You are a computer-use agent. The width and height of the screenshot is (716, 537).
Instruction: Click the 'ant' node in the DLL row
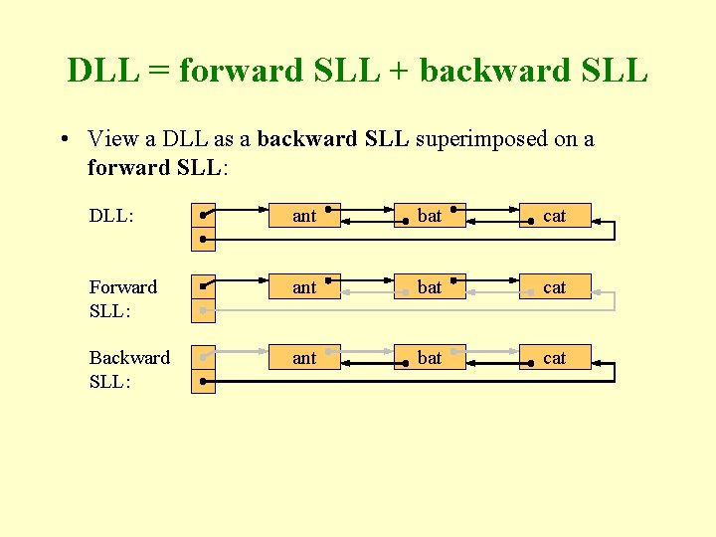click(x=304, y=216)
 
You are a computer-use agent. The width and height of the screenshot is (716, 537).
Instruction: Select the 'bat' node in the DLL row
click(x=430, y=216)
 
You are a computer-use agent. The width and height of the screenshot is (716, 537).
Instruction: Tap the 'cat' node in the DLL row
click(x=555, y=216)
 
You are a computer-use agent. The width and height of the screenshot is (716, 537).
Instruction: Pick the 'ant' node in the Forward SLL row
click(x=304, y=287)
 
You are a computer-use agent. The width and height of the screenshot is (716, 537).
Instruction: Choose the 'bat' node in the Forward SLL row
click(x=430, y=287)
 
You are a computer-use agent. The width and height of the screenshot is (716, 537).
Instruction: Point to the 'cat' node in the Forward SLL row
click(x=555, y=287)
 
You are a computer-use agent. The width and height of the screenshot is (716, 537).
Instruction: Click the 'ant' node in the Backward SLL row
click(x=304, y=358)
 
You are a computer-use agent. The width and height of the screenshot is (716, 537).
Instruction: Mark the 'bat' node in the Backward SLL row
click(x=430, y=358)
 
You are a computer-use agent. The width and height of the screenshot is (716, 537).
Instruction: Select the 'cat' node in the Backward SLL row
click(x=555, y=358)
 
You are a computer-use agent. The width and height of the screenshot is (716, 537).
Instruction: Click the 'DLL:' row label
click(x=111, y=216)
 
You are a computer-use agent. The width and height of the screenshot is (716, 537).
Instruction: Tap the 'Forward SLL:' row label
click(x=122, y=298)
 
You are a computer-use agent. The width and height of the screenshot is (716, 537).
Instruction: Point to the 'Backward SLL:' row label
click(x=129, y=369)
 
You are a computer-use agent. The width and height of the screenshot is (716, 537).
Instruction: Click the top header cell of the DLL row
click(x=203, y=215)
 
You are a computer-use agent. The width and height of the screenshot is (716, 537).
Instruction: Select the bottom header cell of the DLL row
click(x=203, y=240)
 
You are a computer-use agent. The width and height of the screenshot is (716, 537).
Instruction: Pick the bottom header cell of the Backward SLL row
click(x=203, y=381)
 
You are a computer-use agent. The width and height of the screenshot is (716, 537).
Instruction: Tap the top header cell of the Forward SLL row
click(x=203, y=286)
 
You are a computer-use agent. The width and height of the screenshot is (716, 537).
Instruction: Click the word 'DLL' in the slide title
click(x=102, y=71)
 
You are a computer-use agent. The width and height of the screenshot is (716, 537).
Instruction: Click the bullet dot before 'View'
click(x=63, y=139)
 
